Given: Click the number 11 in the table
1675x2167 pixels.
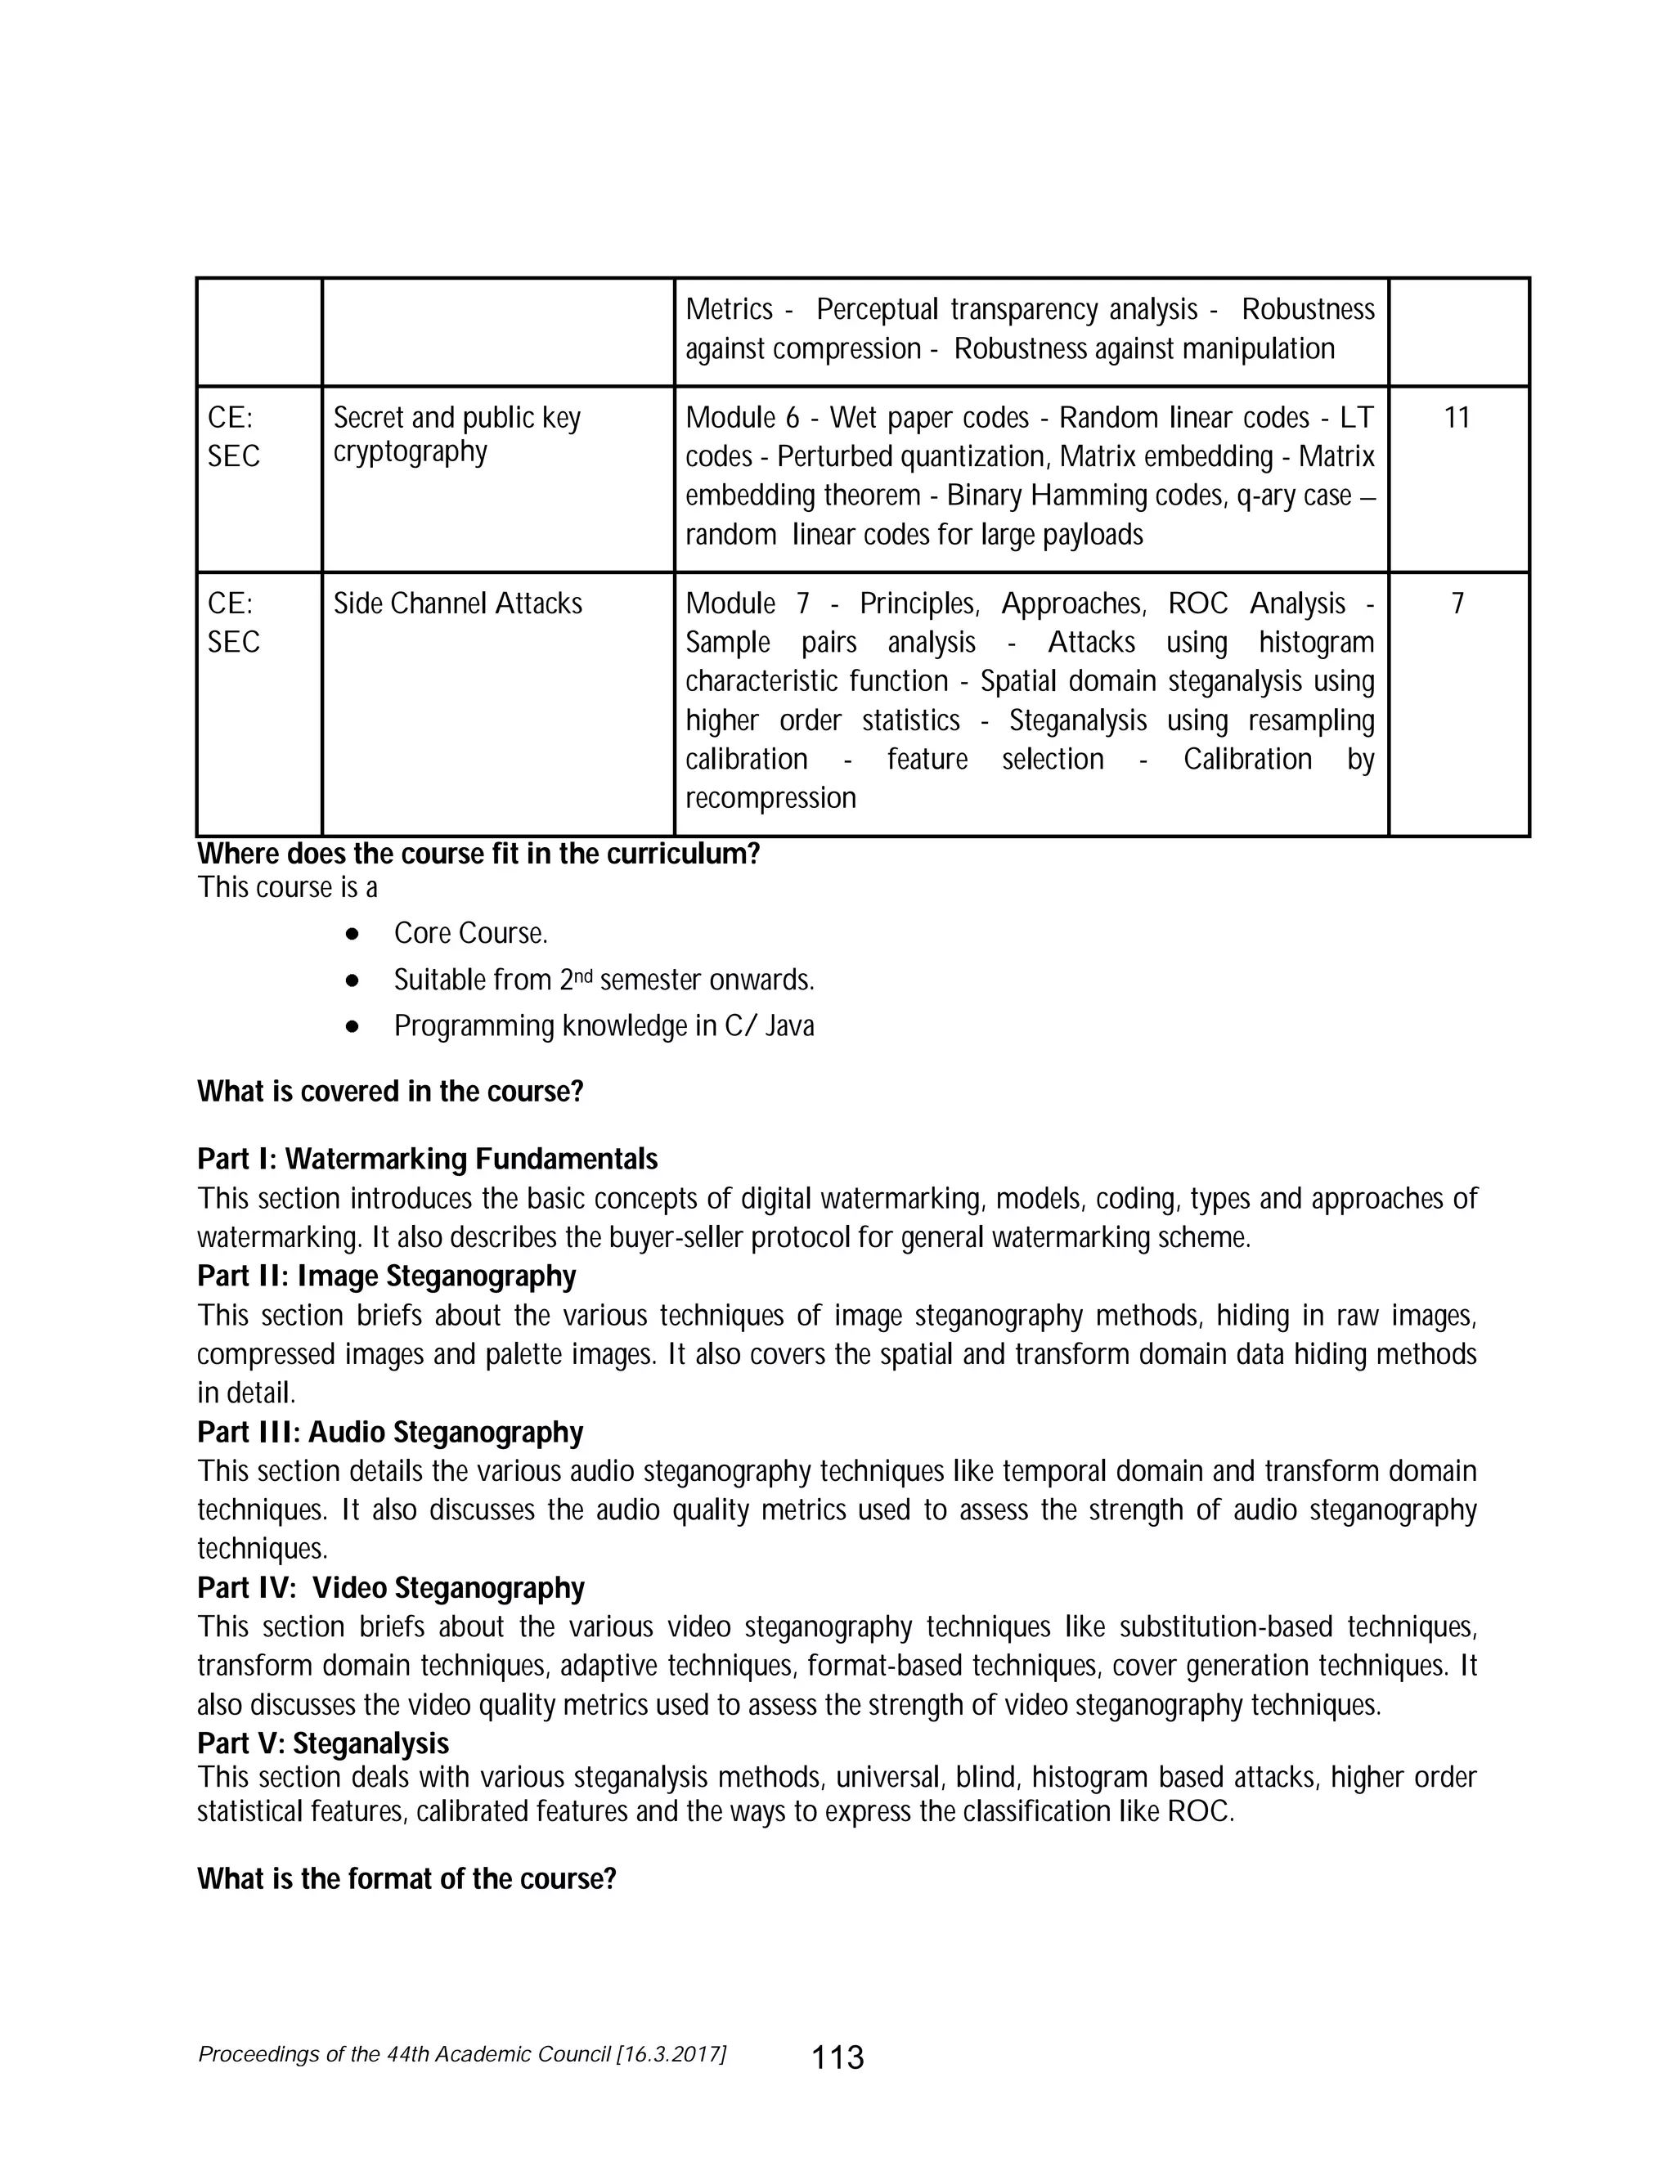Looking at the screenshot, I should [1456, 418].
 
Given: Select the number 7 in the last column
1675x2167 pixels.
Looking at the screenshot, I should [1457, 603].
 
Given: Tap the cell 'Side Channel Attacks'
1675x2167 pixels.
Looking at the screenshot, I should [457, 603].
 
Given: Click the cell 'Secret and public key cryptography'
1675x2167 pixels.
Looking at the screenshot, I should [456, 434].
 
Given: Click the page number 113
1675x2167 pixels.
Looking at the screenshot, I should [837, 2057].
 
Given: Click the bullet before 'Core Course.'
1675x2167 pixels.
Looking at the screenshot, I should [351, 935].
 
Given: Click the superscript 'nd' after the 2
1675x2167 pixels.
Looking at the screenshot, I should [586, 975].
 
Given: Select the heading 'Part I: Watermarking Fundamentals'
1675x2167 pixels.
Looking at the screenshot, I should [427, 1159].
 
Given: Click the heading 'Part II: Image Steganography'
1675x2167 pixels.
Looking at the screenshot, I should [386, 1275].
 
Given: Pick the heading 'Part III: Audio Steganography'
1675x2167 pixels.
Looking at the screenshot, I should [390, 1432].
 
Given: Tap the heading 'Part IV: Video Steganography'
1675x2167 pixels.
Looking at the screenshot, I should [391, 1587].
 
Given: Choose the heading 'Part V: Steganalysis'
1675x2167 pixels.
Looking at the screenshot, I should [322, 1743].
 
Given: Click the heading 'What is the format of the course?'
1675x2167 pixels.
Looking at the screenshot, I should [406, 1879].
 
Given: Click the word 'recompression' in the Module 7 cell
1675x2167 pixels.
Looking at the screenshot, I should [770, 798].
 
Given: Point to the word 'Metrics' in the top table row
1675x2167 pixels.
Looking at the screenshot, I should [729, 310].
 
